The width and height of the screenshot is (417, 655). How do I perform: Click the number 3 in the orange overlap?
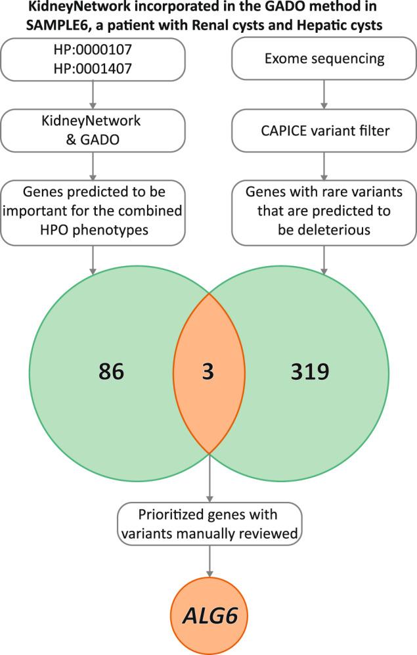(x=209, y=372)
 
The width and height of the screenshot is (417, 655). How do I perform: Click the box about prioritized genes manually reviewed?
(x=209, y=523)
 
